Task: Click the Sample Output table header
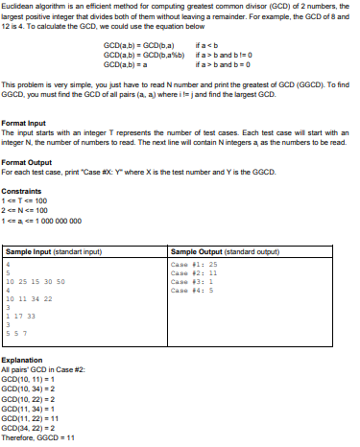point(216,223)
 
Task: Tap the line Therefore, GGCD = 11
point(40,435)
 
